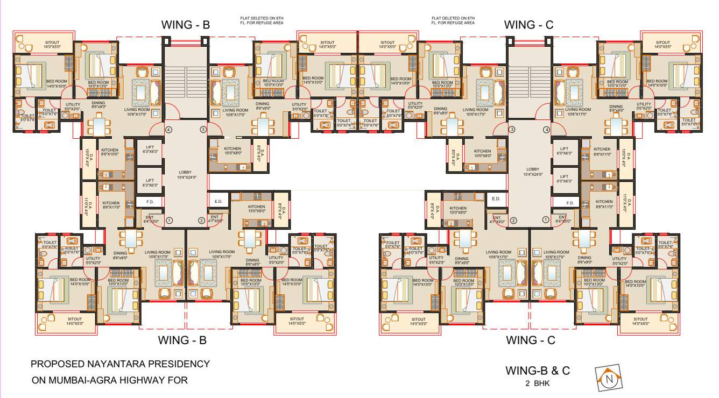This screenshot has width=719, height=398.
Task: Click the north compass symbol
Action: [609, 378]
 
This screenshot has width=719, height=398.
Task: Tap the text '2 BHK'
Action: [538, 383]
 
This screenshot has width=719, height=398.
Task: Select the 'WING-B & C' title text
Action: [538, 370]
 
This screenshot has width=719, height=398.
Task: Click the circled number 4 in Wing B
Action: [168, 130]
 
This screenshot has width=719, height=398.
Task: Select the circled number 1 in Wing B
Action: [169, 220]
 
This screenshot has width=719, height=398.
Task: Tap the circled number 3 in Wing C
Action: [512, 130]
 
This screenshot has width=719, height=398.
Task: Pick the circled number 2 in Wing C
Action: [513, 220]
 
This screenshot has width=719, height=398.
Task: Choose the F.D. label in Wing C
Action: [569, 202]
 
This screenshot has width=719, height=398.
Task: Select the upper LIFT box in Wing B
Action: [150, 151]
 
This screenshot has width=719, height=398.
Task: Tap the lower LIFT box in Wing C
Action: [564, 179]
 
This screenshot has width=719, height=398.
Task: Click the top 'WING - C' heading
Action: [528, 25]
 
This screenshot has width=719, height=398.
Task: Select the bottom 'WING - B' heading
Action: [182, 340]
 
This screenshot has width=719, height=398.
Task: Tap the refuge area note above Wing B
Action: [262, 20]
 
